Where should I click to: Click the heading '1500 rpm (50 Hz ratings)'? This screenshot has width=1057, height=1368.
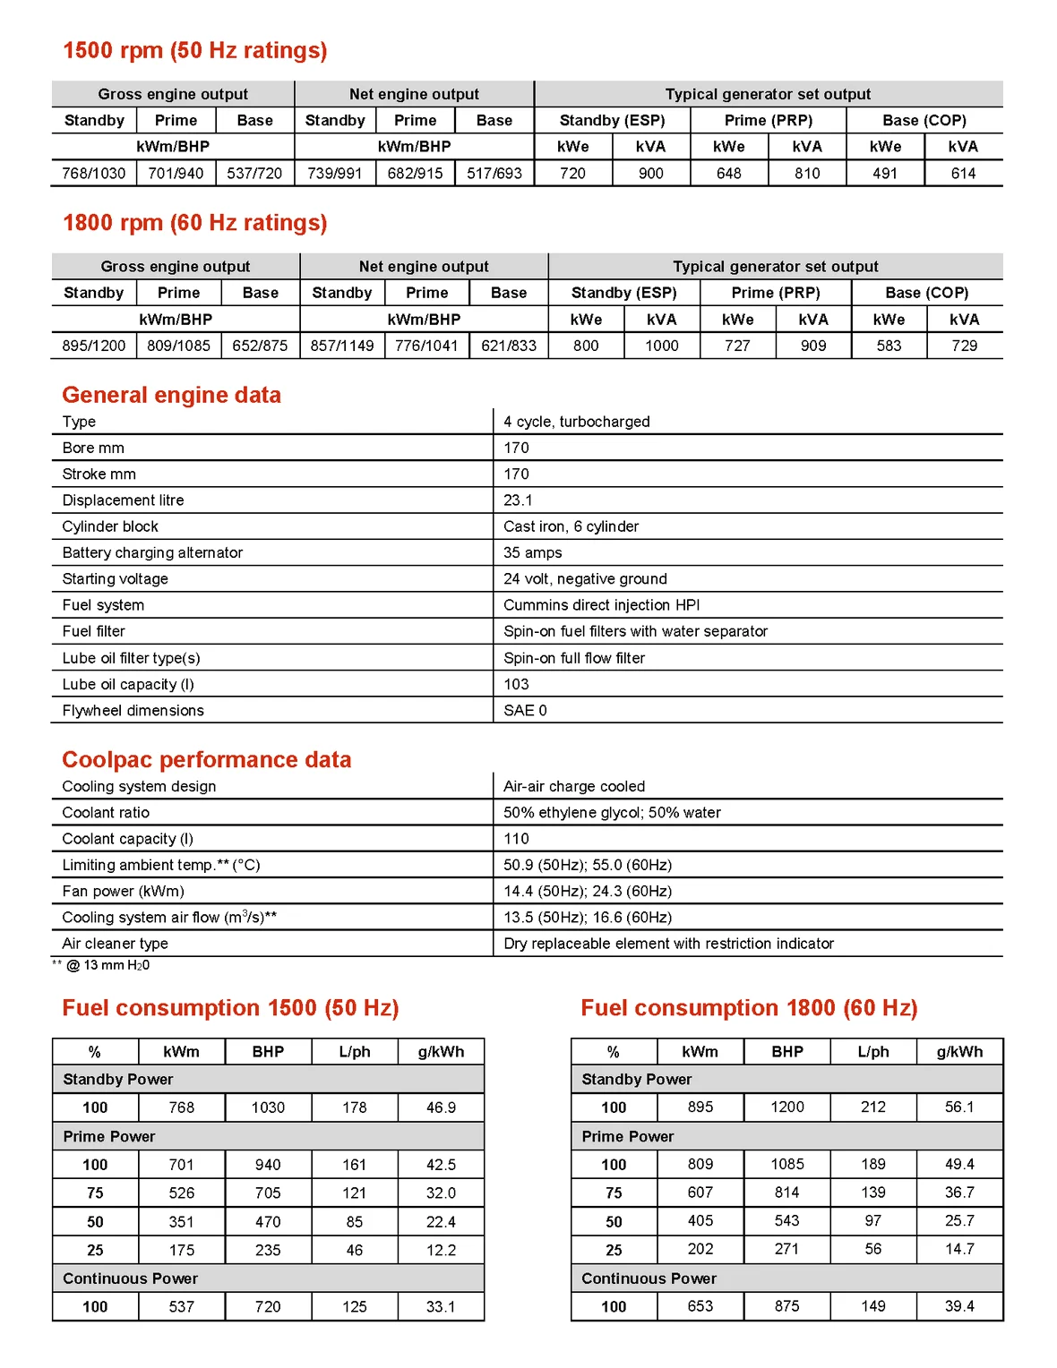click(x=194, y=50)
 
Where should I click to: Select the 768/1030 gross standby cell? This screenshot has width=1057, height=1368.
click(x=94, y=173)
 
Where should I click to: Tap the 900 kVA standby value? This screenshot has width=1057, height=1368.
click(x=651, y=173)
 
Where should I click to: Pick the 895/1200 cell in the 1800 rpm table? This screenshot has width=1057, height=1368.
click(x=94, y=346)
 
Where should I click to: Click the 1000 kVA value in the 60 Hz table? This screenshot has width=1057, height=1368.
click(x=662, y=346)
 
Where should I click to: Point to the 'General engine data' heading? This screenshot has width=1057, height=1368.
click(x=171, y=395)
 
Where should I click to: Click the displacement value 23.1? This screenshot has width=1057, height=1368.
click(x=518, y=500)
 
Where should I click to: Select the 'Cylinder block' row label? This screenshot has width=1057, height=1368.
click(x=110, y=526)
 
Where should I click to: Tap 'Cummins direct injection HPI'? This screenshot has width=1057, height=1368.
click(x=601, y=605)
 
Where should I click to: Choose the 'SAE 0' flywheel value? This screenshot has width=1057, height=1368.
click(x=525, y=710)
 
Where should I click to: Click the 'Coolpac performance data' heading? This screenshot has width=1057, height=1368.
click(x=206, y=759)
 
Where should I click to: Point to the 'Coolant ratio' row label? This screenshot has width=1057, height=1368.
click(x=106, y=812)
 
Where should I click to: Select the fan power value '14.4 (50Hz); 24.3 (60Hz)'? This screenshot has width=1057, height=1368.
click(x=587, y=891)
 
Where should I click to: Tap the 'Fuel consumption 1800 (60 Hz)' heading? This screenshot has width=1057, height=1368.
click(x=749, y=1008)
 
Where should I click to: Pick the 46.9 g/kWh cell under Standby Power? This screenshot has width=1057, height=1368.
click(x=441, y=1107)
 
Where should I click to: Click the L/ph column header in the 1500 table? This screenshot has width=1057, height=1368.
click(x=355, y=1052)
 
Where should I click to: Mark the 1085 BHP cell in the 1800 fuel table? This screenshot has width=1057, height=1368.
click(x=787, y=1164)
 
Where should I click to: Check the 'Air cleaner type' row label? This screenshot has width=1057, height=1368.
click(x=115, y=944)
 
